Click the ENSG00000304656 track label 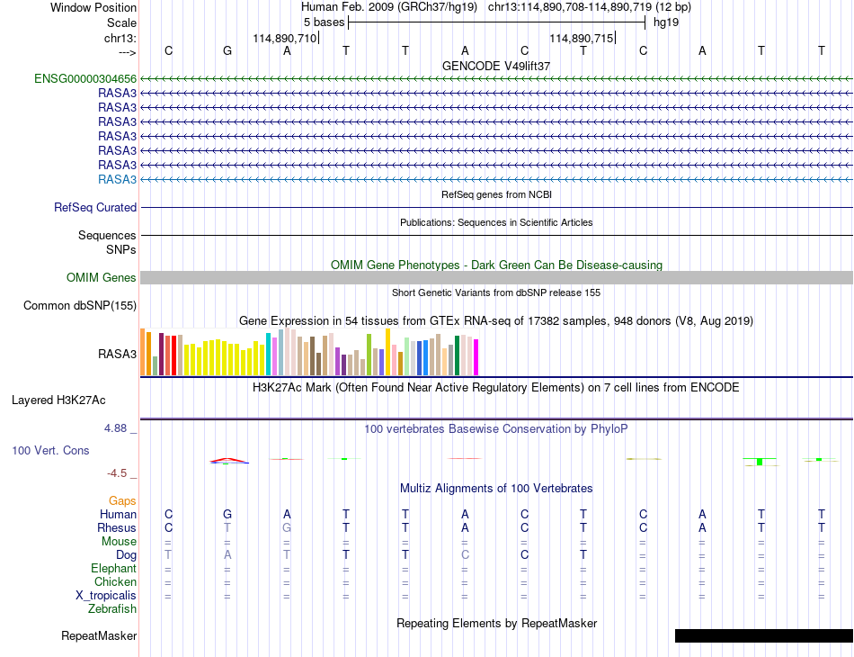click(x=85, y=79)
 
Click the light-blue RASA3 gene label click(x=117, y=179)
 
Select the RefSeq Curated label click(x=95, y=207)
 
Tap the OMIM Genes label click(x=102, y=277)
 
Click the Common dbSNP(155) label click(x=80, y=305)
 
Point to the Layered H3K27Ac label click(x=58, y=400)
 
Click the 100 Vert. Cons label click(x=50, y=450)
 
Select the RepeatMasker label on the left click(x=99, y=635)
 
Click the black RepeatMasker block click(x=764, y=635)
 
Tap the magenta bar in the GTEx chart click(x=476, y=357)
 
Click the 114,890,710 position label click(x=284, y=38)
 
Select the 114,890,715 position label click(x=581, y=38)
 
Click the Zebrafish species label click(x=112, y=609)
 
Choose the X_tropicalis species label click(x=106, y=596)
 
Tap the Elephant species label click(x=113, y=569)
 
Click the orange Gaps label click(x=122, y=500)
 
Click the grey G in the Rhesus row click(x=287, y=527)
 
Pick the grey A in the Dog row click(x=227, y=555)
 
